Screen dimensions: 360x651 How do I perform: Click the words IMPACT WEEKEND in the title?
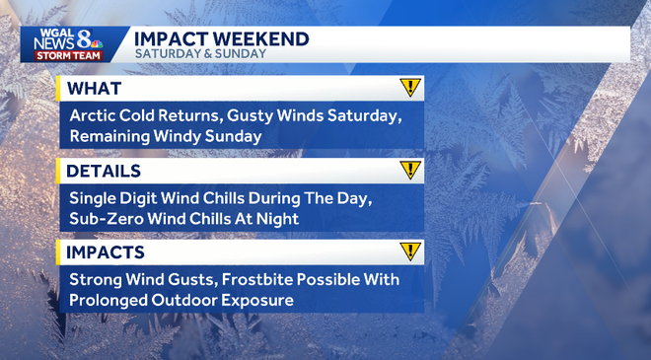(222, 38)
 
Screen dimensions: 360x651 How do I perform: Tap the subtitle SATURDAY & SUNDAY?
(200, 54)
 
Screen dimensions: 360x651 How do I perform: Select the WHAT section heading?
(90, 88)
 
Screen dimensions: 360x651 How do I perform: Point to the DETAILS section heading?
(103, 171)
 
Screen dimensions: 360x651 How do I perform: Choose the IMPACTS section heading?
(106, 252)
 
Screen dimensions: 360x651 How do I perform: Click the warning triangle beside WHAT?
(410, 88)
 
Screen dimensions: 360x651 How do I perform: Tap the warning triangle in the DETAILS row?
(410, 170)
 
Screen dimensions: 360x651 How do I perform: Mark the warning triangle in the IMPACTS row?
(410, 252)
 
